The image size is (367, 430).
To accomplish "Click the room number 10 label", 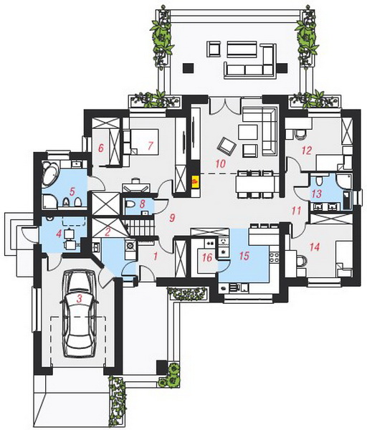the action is [220, 163].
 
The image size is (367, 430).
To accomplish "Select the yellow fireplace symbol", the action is [195, 181].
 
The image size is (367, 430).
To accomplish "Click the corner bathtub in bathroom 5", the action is [50, 174].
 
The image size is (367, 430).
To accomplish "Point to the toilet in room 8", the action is [130, 204].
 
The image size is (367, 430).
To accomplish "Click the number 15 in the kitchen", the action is [244, 256].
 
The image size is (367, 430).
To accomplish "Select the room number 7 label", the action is [151, 145].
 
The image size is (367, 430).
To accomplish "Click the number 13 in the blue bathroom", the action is [317, 194].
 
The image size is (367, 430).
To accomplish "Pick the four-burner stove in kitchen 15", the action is [275, 258].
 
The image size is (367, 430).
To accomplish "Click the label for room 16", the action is [207, 257].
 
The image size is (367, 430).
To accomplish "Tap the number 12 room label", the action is [307, 150].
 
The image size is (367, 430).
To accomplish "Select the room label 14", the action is [315, 247].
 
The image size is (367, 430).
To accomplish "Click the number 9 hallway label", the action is [172, 218].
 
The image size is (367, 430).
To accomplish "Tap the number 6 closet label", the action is [101, 148].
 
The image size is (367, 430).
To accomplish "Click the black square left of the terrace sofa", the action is [189, 68].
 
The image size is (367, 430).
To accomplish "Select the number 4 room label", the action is [59, 234].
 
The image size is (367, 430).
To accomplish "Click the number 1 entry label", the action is [156, 257].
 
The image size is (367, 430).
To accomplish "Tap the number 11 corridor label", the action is [296, 211].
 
